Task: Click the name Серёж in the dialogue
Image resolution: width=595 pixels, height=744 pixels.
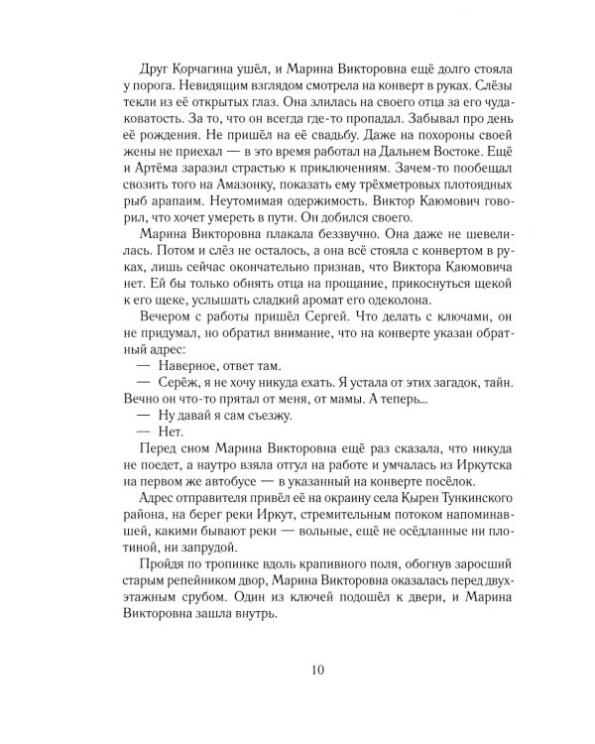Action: (170, 421)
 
